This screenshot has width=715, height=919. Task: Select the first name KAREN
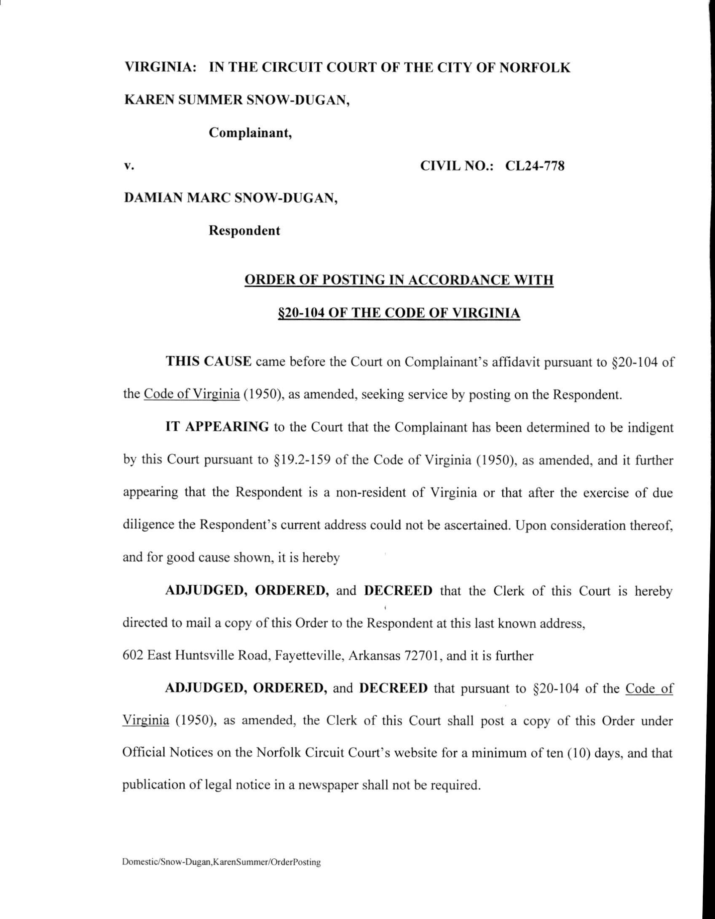click(147, 100)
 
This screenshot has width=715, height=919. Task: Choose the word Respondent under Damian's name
click(244, 231)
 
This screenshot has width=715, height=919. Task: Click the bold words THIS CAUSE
click(209, 362)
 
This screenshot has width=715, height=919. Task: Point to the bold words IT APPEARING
click(217, 427)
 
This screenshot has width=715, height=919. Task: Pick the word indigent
click(651, 427)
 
